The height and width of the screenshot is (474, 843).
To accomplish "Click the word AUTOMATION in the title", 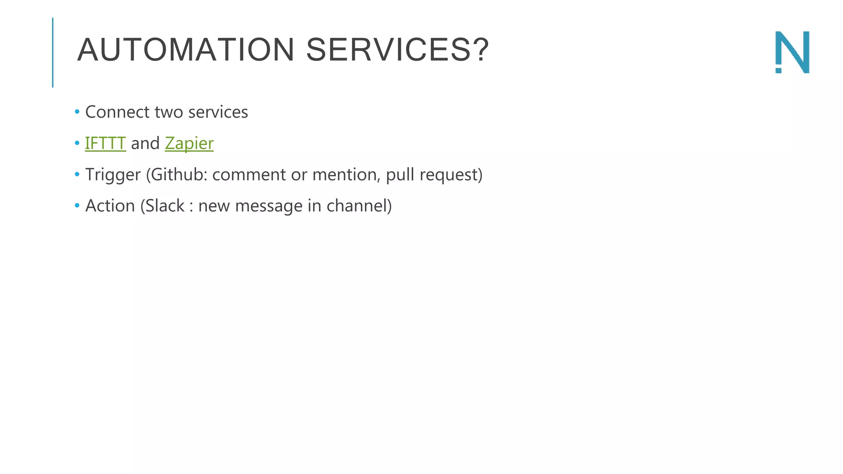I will [x=186, y=50].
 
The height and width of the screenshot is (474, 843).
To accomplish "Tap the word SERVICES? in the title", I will [x=397, y=50].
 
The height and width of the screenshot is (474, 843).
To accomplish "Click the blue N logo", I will [x=792, y=52].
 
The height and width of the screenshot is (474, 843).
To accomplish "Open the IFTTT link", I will [x=105, y=143].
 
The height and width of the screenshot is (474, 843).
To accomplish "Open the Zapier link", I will [x=189, y=143].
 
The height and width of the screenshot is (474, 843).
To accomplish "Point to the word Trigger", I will [x=113, y=175].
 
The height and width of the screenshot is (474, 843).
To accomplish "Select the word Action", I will [x=110, y=206].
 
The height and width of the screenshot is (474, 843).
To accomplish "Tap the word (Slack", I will [x=163, y=206].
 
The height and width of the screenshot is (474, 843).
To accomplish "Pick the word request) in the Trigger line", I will [x=451, y=175].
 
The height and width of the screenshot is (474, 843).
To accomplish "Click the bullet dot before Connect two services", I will [x=77, y=112].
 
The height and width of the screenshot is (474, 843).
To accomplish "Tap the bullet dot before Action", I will [x=77, y=206].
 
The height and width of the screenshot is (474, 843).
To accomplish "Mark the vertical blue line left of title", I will [x=53, y=52].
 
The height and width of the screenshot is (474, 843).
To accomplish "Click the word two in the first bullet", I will [x=169, y=112].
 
